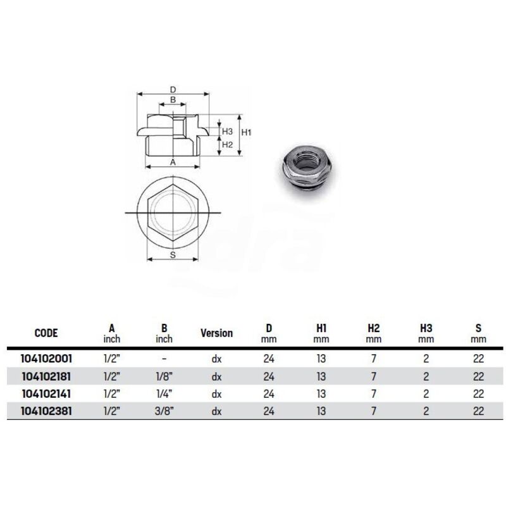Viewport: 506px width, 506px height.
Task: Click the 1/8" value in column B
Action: pos(164,376)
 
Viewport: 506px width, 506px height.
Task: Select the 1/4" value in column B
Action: pos(164,393)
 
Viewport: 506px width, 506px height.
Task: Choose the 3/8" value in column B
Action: pos(164,411)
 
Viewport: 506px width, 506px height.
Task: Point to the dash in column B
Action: pos(164,359)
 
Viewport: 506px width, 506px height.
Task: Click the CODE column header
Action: pos(46,333)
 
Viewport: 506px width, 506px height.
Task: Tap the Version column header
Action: pos(216,333)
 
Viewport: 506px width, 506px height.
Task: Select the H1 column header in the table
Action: pos(321,328)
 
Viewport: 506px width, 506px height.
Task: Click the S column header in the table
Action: pos(478,328)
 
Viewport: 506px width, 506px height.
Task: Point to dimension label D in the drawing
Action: pos(172,89)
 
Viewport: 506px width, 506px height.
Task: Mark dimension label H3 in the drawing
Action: pos(227,131)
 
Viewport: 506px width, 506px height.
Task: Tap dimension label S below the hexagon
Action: pos(173,255)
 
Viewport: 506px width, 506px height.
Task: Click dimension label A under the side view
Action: pos(173,162)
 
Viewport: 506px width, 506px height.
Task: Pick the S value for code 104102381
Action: pos(478,411)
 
